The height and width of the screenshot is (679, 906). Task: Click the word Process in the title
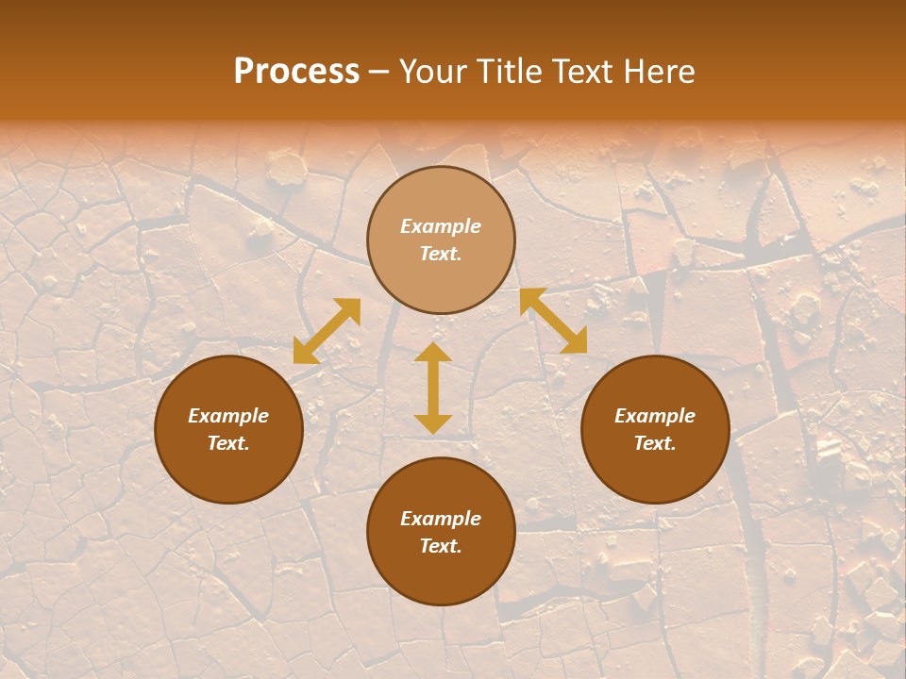296,72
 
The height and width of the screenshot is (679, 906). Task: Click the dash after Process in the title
379,74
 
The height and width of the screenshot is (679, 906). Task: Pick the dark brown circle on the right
655,472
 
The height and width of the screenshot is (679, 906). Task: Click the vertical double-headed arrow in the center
433,388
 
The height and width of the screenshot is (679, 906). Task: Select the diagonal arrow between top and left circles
327,331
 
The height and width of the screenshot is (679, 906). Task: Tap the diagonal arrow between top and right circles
553,321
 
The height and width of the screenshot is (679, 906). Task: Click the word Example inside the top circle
441,226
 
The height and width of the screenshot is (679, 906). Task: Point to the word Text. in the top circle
441,254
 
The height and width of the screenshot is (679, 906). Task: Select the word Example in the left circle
228,416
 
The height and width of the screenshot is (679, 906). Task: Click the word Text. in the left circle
228,443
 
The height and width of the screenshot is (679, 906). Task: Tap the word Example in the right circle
655,416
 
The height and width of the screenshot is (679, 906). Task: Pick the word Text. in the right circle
655,443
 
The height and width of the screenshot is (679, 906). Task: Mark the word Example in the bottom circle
441,519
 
